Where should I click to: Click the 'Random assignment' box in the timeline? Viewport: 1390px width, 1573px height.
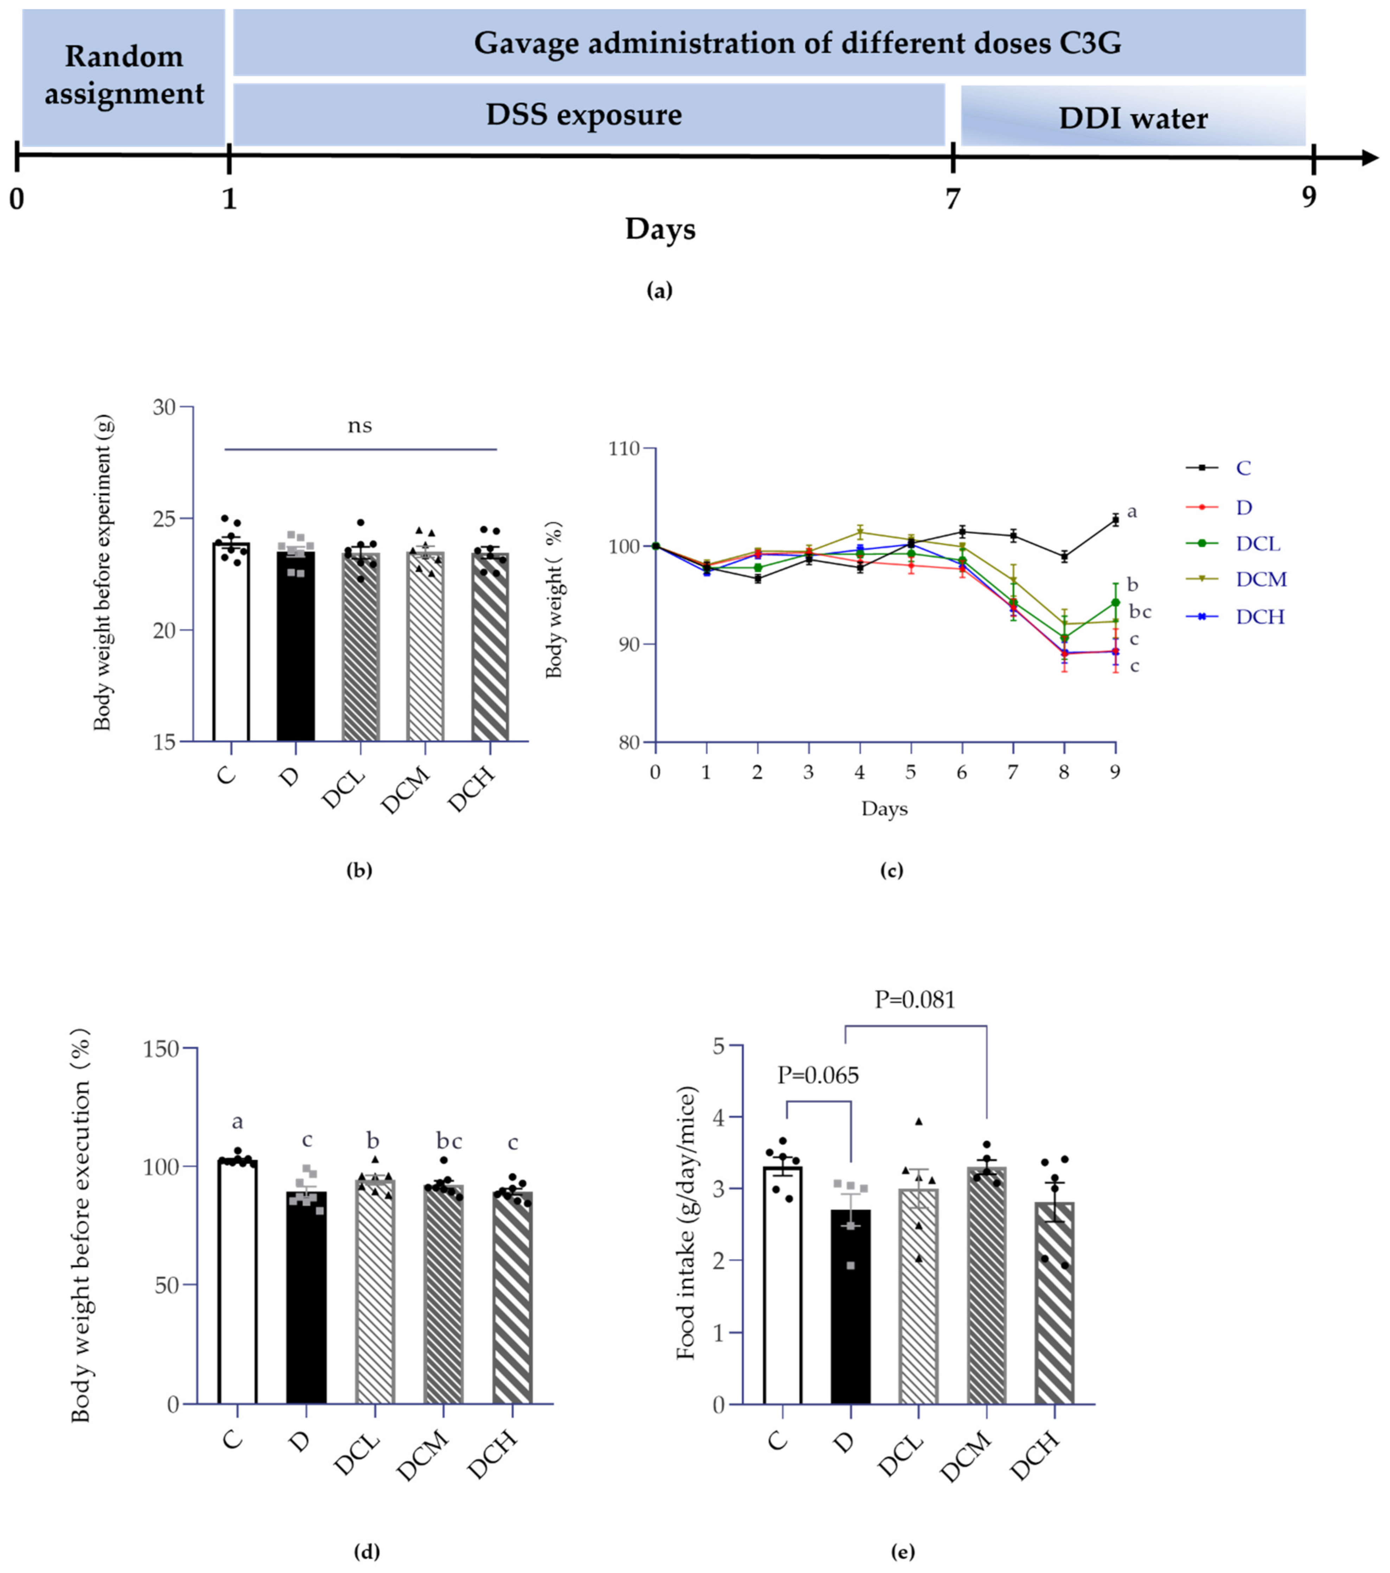123,77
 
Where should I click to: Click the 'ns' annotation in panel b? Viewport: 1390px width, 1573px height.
359,426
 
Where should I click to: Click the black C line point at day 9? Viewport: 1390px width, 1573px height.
1115,520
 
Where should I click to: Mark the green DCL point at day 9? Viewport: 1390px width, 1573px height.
1115,603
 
